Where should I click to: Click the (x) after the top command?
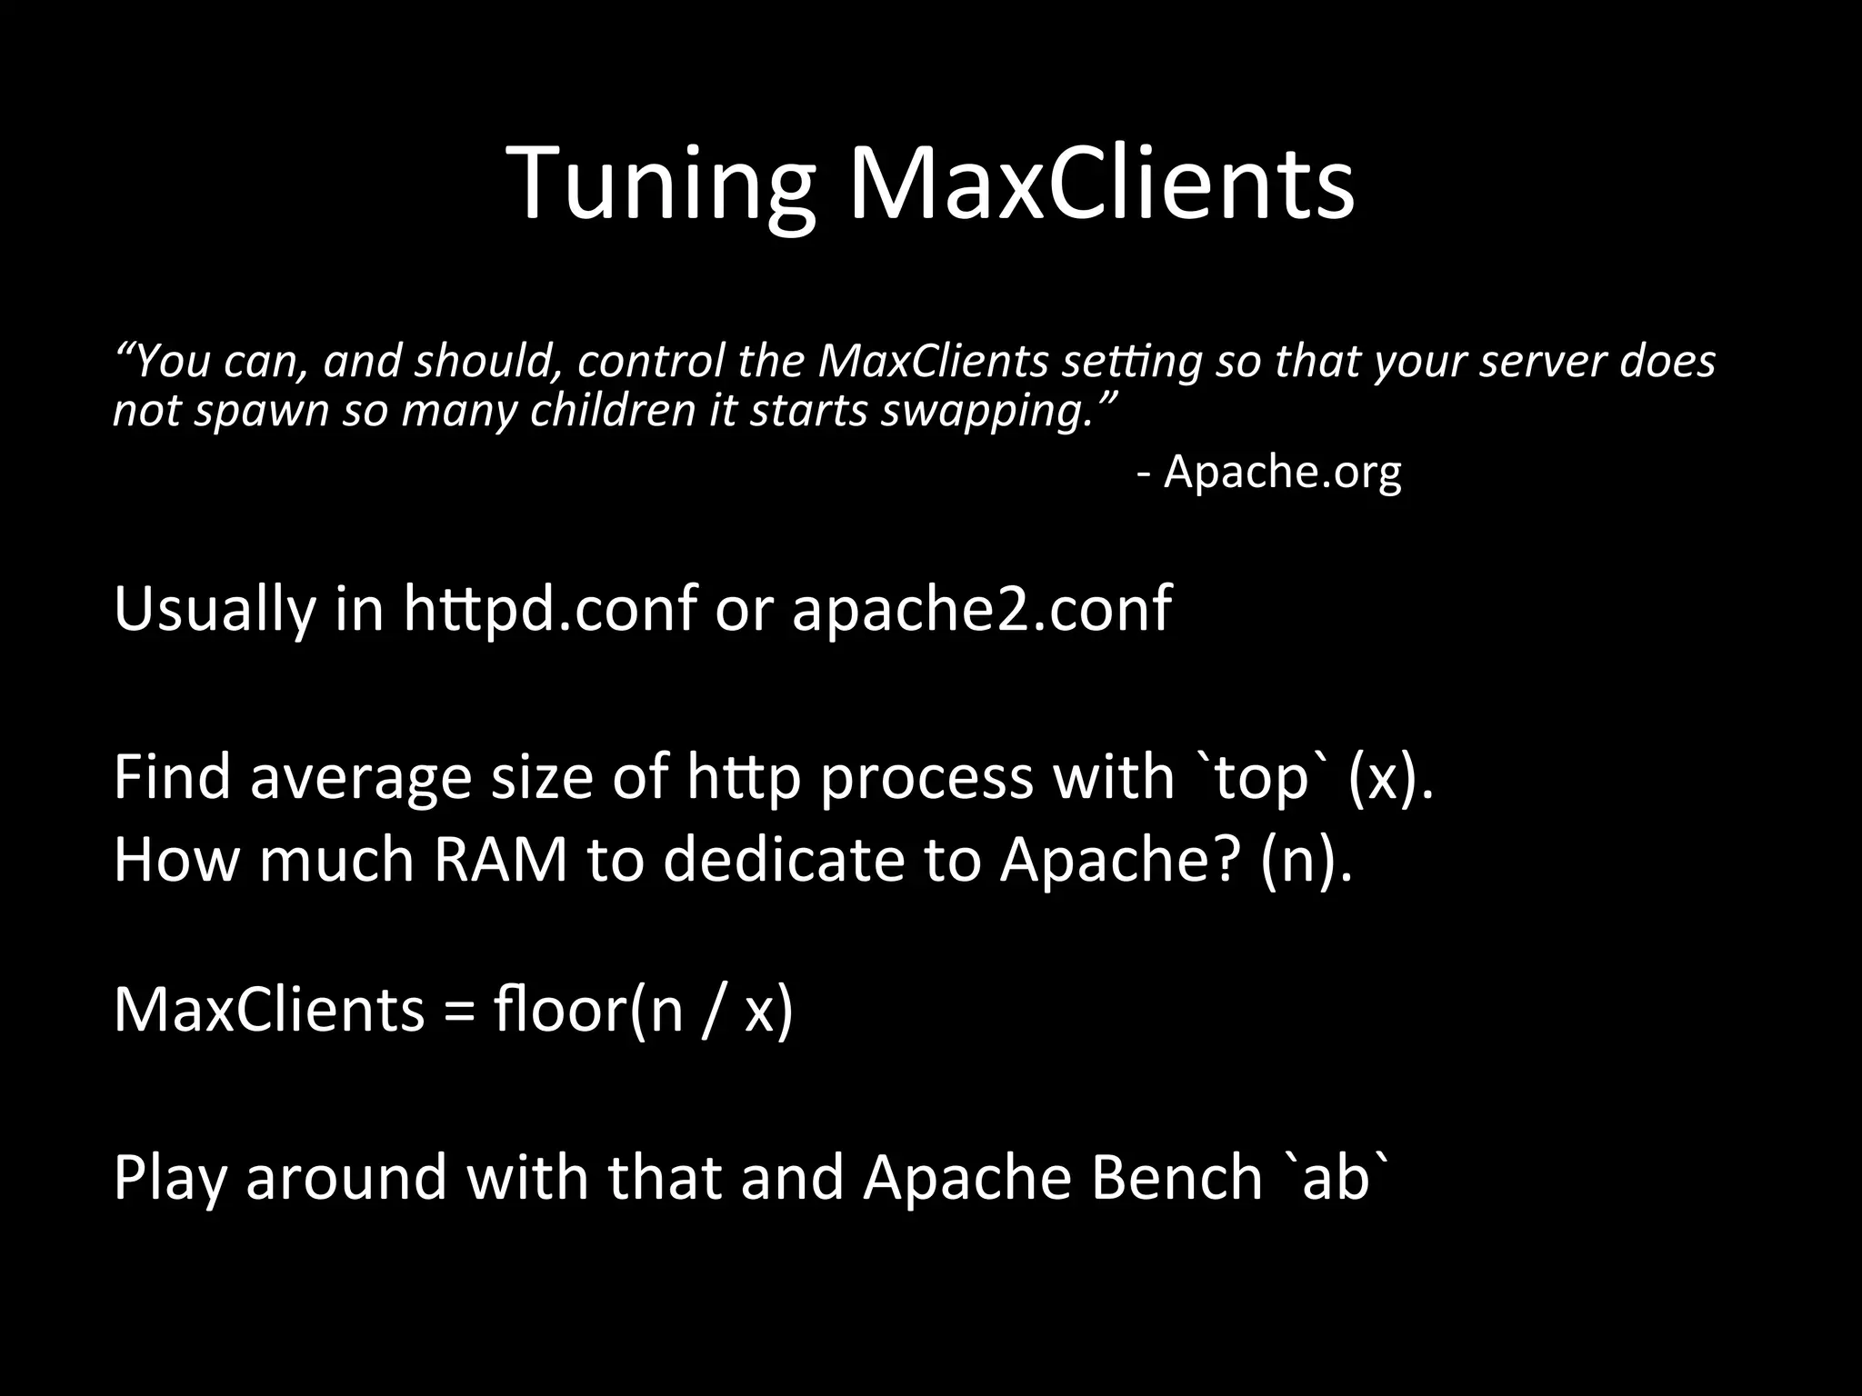point(1389,778)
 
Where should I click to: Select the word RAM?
point(501,859)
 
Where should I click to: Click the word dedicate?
point(784,859)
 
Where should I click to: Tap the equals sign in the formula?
point(459,1011)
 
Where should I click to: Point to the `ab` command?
point(1336,1177)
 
